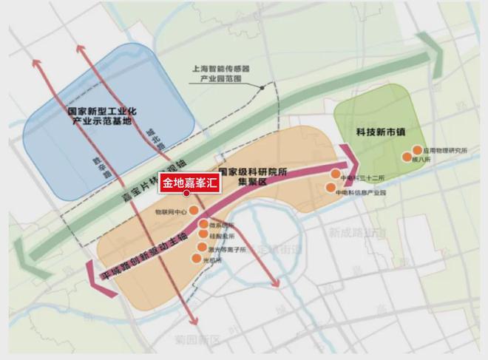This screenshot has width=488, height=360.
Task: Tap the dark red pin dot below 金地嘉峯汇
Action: pyautogui.click(x=186, y=194)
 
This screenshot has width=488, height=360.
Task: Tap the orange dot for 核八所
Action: pyautogui.click(x=406, y=157)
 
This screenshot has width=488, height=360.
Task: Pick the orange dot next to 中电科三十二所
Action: pyautogui.click(x=334, y=174)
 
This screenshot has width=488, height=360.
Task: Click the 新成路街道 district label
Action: pyautogui.click(x=357, y=232)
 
